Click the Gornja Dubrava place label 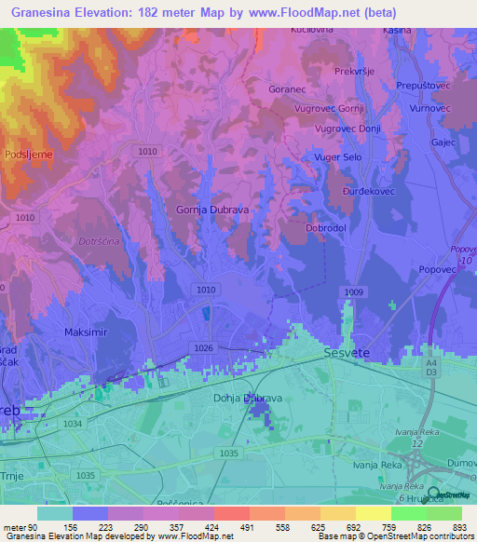coord(212,210)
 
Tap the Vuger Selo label coord(339,158)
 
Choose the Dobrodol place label coord(326,227)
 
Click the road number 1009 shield coord(353,292)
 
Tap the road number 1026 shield coord(205,346)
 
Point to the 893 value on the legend coord(459,527)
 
